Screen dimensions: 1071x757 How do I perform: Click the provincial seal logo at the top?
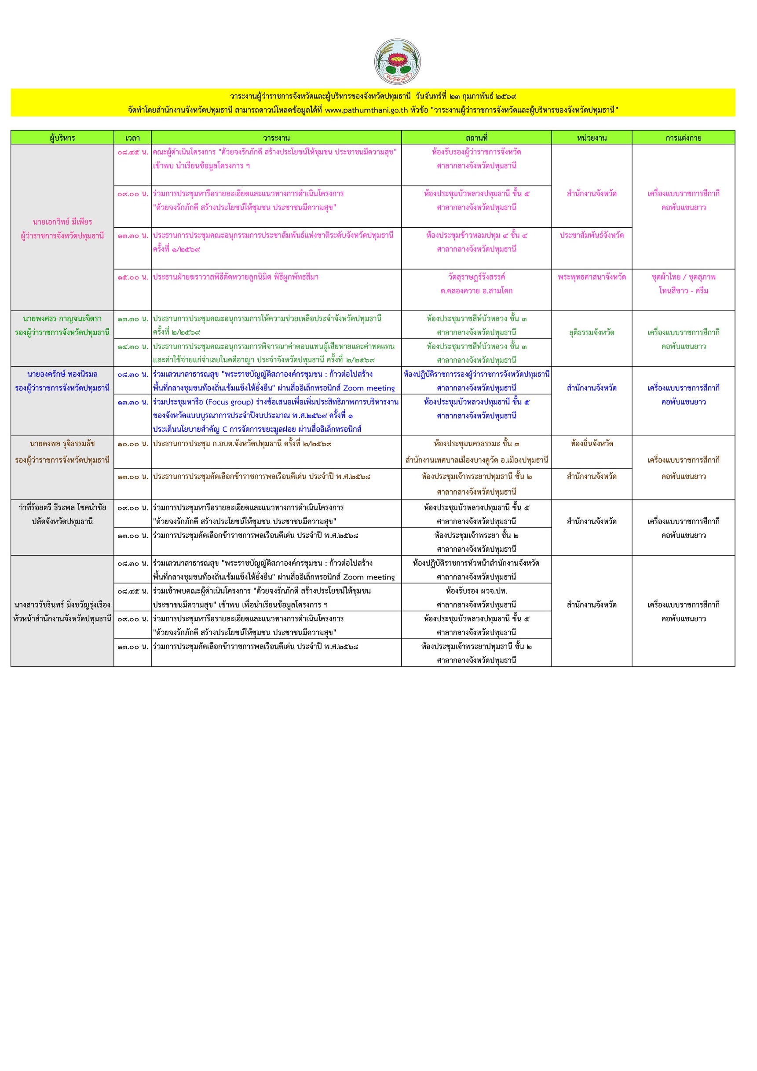(x=397, y=61)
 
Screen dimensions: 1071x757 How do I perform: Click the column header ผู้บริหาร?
(x=62, y=138)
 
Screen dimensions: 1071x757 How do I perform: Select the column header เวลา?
(x=132, y=138)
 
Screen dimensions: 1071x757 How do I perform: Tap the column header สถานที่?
(x=476, y=138)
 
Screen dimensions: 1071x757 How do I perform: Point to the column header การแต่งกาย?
(x=683, y=138)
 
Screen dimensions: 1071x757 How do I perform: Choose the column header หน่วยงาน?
(x=591, y=138)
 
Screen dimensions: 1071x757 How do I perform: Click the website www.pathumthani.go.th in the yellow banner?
(x=366, y=110)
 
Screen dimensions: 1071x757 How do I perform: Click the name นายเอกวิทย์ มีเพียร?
(x=62, y=222)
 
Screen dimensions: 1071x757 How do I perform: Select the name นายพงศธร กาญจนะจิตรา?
(x=62, y=319)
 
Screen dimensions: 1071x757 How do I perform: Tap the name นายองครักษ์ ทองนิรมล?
(x=62, y=374)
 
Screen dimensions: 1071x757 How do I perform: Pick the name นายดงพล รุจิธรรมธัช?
(x=62, y=444)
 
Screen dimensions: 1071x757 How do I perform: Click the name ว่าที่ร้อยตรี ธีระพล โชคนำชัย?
(x=62, y=507)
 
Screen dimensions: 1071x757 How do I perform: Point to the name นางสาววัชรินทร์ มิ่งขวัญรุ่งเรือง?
(x=62, y=605)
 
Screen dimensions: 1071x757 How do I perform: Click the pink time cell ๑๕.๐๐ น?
(x=132, y=277)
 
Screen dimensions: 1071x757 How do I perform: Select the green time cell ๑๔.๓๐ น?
(x=132, y=346)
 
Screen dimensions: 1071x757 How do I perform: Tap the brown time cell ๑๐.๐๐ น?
(x=132, y=444)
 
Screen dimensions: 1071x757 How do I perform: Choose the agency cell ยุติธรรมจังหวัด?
(x=591, y=332)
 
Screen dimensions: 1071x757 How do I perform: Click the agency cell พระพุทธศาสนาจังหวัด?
(x=591, y=277)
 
